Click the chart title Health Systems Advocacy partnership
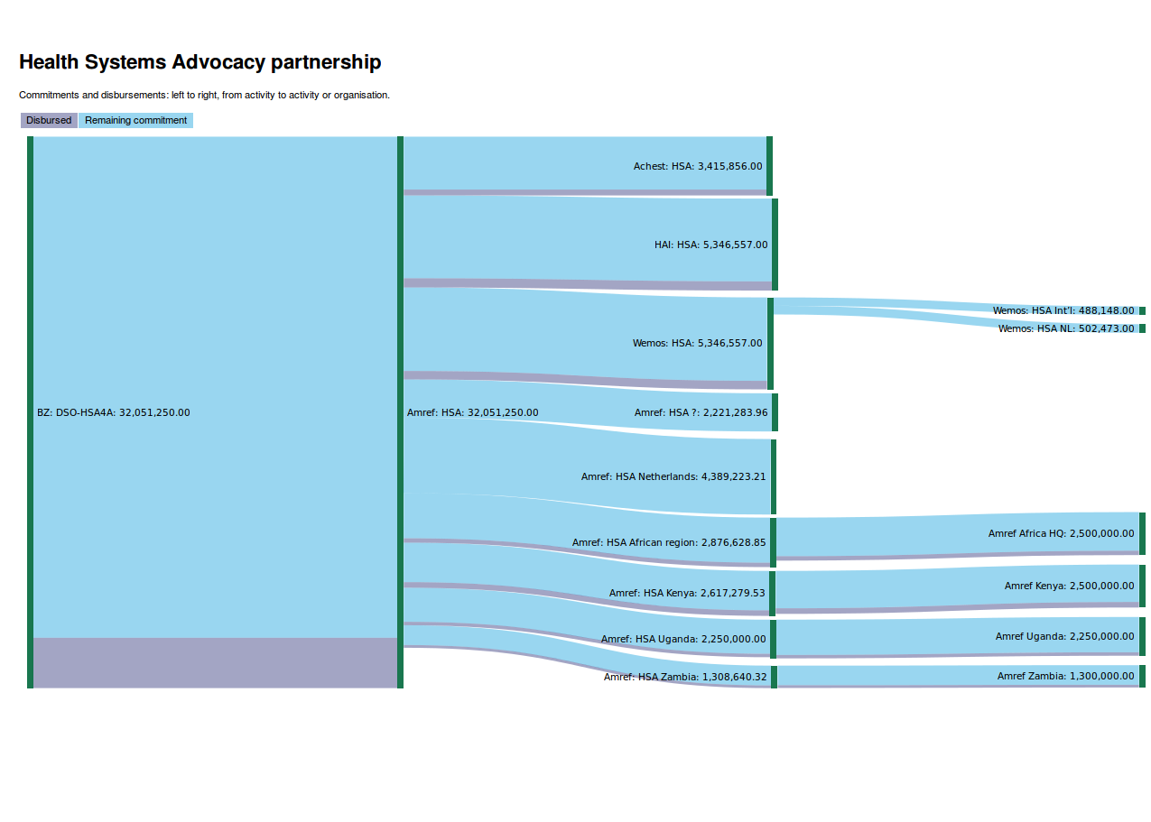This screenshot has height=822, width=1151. tap(200, 62)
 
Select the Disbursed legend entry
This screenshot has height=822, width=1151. tap(49, 120)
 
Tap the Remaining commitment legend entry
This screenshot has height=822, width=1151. tap(135, 120)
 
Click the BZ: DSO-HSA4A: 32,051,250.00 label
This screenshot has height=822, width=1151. tap(113, 412)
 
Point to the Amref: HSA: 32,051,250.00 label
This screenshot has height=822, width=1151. tap(472, 412)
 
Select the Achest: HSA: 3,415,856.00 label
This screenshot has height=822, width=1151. tap(698, 166)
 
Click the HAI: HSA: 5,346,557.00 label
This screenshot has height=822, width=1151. tap(711, 245)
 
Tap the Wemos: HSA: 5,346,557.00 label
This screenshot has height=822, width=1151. tap(697, 343)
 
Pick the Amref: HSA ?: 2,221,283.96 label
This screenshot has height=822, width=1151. tap(701, 412)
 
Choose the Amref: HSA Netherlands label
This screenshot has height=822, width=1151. tap(673, 476)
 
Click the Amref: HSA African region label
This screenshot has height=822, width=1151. tap(669, 542)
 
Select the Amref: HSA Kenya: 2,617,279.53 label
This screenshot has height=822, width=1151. tap(687, 593)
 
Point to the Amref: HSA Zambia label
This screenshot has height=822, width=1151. tap(685, 677)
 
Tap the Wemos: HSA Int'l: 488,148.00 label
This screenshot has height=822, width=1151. tap(1063, 310)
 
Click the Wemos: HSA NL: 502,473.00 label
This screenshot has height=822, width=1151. tap(1066, 328)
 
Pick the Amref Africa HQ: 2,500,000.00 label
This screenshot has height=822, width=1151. tap(1061, 533)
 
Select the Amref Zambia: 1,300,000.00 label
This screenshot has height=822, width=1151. tap(1065, 676)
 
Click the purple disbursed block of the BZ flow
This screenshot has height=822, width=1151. tap(215, 662)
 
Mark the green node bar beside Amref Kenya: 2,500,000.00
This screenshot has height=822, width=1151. tap(1142, 586)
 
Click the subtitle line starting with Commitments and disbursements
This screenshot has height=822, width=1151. tap(204, 95)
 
